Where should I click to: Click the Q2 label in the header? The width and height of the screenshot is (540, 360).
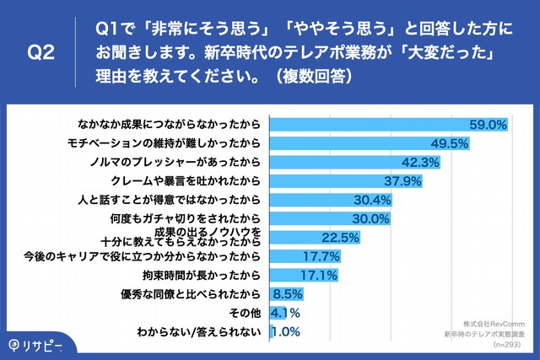pos(40,51)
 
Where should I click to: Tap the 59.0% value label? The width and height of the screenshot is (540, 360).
pos(488,125)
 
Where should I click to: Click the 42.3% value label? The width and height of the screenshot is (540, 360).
pos(418,163)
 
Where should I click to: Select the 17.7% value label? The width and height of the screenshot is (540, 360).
pos(321,256)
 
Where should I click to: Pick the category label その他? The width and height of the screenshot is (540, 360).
pos(248,313)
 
